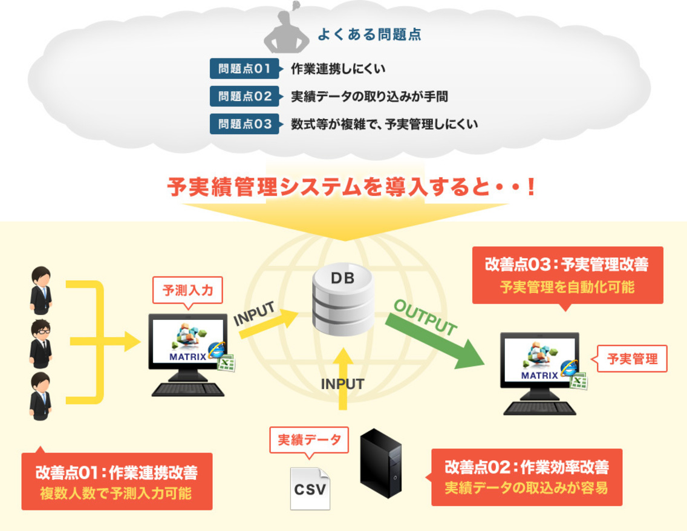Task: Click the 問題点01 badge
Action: tap(244, 69)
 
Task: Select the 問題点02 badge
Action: tap(244, 96)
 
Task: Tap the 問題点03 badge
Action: tap(244, 124)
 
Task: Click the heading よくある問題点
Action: tap(369, 34)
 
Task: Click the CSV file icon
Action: tap(310, 489)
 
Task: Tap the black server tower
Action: tap(380, 463)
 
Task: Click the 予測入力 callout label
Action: tap(187, 291)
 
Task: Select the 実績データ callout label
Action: tap(309, 440)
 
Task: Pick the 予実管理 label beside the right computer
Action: tap(632, 359)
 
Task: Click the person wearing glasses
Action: tap(41, 343)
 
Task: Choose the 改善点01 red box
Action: tap(117, 481)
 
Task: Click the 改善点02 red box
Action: tap(526, 477)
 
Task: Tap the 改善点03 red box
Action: tap(567, 275)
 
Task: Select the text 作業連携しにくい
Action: tap(338, 69)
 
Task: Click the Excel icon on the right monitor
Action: tap(579, 381)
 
